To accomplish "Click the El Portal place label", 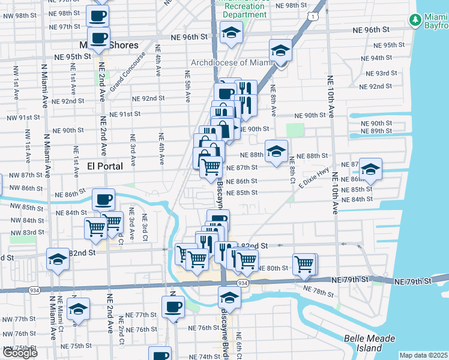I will click(105, 166).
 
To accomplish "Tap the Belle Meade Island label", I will click(371, 343).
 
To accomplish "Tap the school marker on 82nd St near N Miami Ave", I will click(58, 259).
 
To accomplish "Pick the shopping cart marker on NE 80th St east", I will click(304, 263).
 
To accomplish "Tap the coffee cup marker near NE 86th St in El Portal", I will click(103, 199).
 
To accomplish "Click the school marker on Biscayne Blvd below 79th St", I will click(229, 297).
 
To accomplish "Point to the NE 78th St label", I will click(318, 291).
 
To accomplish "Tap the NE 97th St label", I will click(65, 27).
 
